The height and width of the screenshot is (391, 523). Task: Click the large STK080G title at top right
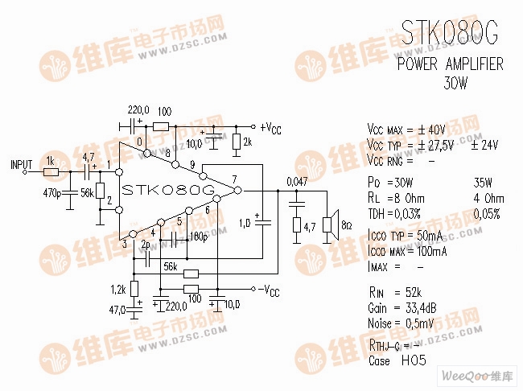pyautogui.click(x=450, y=32)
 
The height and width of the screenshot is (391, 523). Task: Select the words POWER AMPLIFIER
pyautogui.click(x=450, y=64)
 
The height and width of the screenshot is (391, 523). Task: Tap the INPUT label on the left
pyautogui.click(x=21, y=164)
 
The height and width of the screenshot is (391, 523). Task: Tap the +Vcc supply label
pyautogui.click(x=270, y=128)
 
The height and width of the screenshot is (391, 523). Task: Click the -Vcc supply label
pyautogui.click(x=270, y=289)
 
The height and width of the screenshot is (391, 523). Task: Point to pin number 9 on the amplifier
pyautogui.click(x=192, y=166)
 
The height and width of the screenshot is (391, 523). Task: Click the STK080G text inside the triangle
pyautogui.click(x=168, y=191)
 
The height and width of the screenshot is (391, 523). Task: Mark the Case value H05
pyautogui.click(x=413, y=360)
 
